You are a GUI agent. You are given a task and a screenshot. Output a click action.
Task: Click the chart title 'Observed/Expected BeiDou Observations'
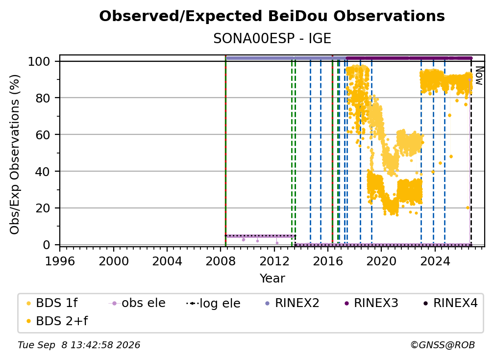pos(272,16)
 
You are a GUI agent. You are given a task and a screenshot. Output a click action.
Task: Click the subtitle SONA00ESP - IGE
pos(272,39)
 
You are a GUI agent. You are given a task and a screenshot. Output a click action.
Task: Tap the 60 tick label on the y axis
pos(43,134)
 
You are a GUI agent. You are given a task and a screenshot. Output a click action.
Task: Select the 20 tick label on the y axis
pos(43,208)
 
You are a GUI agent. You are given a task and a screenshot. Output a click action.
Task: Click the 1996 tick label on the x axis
pos(60,261)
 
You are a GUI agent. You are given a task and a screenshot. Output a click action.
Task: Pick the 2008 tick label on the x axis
pos(221,261)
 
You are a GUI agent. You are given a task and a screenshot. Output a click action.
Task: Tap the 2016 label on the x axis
pos(328,261)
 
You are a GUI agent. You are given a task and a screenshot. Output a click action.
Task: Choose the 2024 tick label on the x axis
pos(435,261)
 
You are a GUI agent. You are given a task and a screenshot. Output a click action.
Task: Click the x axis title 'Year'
pos(272,279)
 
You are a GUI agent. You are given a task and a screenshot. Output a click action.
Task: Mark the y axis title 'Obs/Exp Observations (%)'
pos(15,154)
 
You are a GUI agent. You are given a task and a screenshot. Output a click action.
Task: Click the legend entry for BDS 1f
pos(52,303)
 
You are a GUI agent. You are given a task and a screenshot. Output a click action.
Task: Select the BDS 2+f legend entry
pos(57,321)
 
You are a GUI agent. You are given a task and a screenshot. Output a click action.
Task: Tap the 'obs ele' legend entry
pos(137,303)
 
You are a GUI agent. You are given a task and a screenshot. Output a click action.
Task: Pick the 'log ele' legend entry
pos(213,303)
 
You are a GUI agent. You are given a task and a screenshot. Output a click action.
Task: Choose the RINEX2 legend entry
pos(292,303)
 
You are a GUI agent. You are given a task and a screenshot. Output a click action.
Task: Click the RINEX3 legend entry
pos(371,303)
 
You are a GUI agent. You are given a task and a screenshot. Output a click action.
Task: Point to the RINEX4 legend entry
pos(450,303)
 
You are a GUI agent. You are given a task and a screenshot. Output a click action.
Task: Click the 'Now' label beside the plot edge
pos(479,76)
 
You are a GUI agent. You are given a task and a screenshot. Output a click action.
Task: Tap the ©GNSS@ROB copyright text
pos(443,345)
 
